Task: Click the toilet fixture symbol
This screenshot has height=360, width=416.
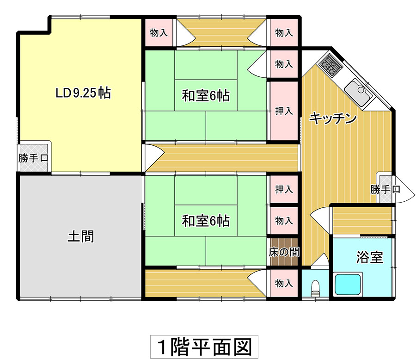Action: (x=315, y=288)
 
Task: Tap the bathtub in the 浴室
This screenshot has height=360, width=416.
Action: (x=348, y=284)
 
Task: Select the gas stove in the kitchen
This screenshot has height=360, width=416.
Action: (x=330, y=65)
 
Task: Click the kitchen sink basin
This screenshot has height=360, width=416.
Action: (x=358, y=92)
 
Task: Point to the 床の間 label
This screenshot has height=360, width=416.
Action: (x=284, y=252)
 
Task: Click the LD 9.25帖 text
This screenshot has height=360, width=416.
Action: (x=83, y=93)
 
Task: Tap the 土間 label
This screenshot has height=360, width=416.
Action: (x=80, y=236)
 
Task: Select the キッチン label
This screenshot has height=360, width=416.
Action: (x=333, y=118)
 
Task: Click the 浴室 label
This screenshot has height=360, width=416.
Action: (x=370, y=257)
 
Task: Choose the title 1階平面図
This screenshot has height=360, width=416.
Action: (x=204, y=347)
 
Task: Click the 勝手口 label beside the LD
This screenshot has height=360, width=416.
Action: (x=33, y=158)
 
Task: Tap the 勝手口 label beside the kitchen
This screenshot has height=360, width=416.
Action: (x=385, y=189)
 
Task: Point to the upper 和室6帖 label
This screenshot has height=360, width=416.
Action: (x=206, y=96)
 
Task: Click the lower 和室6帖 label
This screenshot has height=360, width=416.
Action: (x=206, y=221)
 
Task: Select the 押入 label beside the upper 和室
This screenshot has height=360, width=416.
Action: (x=284, y=111)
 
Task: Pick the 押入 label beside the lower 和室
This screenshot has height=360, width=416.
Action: (x=284, y=189)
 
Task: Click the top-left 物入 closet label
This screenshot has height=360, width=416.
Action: (x=159, y=33)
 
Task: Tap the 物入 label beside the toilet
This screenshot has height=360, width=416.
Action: (x=284, y=283)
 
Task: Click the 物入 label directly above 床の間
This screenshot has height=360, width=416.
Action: (x=284, y=221)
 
